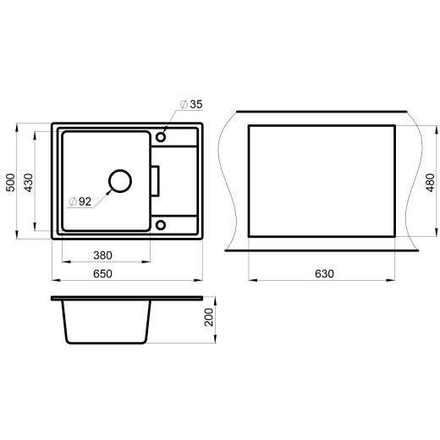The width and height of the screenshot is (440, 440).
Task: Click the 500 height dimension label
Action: (x=10, y=183)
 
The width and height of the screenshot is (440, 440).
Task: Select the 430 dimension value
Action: (x=29, y=183)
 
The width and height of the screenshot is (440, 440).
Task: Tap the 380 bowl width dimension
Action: (x=102, y=256)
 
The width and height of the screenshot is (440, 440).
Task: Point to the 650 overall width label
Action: (x=102, y=273)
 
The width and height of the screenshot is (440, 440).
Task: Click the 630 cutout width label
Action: (x=324, y=273)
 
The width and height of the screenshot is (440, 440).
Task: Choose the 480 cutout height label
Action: (x=431, y=183)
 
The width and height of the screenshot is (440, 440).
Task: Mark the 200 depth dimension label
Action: (x=209, y=317)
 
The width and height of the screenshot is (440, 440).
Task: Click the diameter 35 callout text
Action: (x=191, y=104)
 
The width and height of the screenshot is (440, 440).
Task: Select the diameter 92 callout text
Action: (x=80, y=201)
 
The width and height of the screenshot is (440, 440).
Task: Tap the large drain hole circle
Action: (x=120, y=170)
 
